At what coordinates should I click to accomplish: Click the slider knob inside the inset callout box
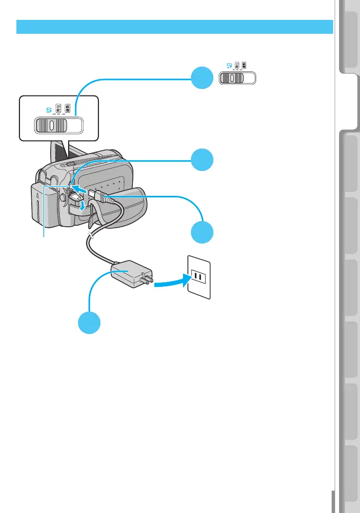point(51,126)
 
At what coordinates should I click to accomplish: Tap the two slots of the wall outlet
point(198,277)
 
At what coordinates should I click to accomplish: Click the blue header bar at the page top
point(174,26)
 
